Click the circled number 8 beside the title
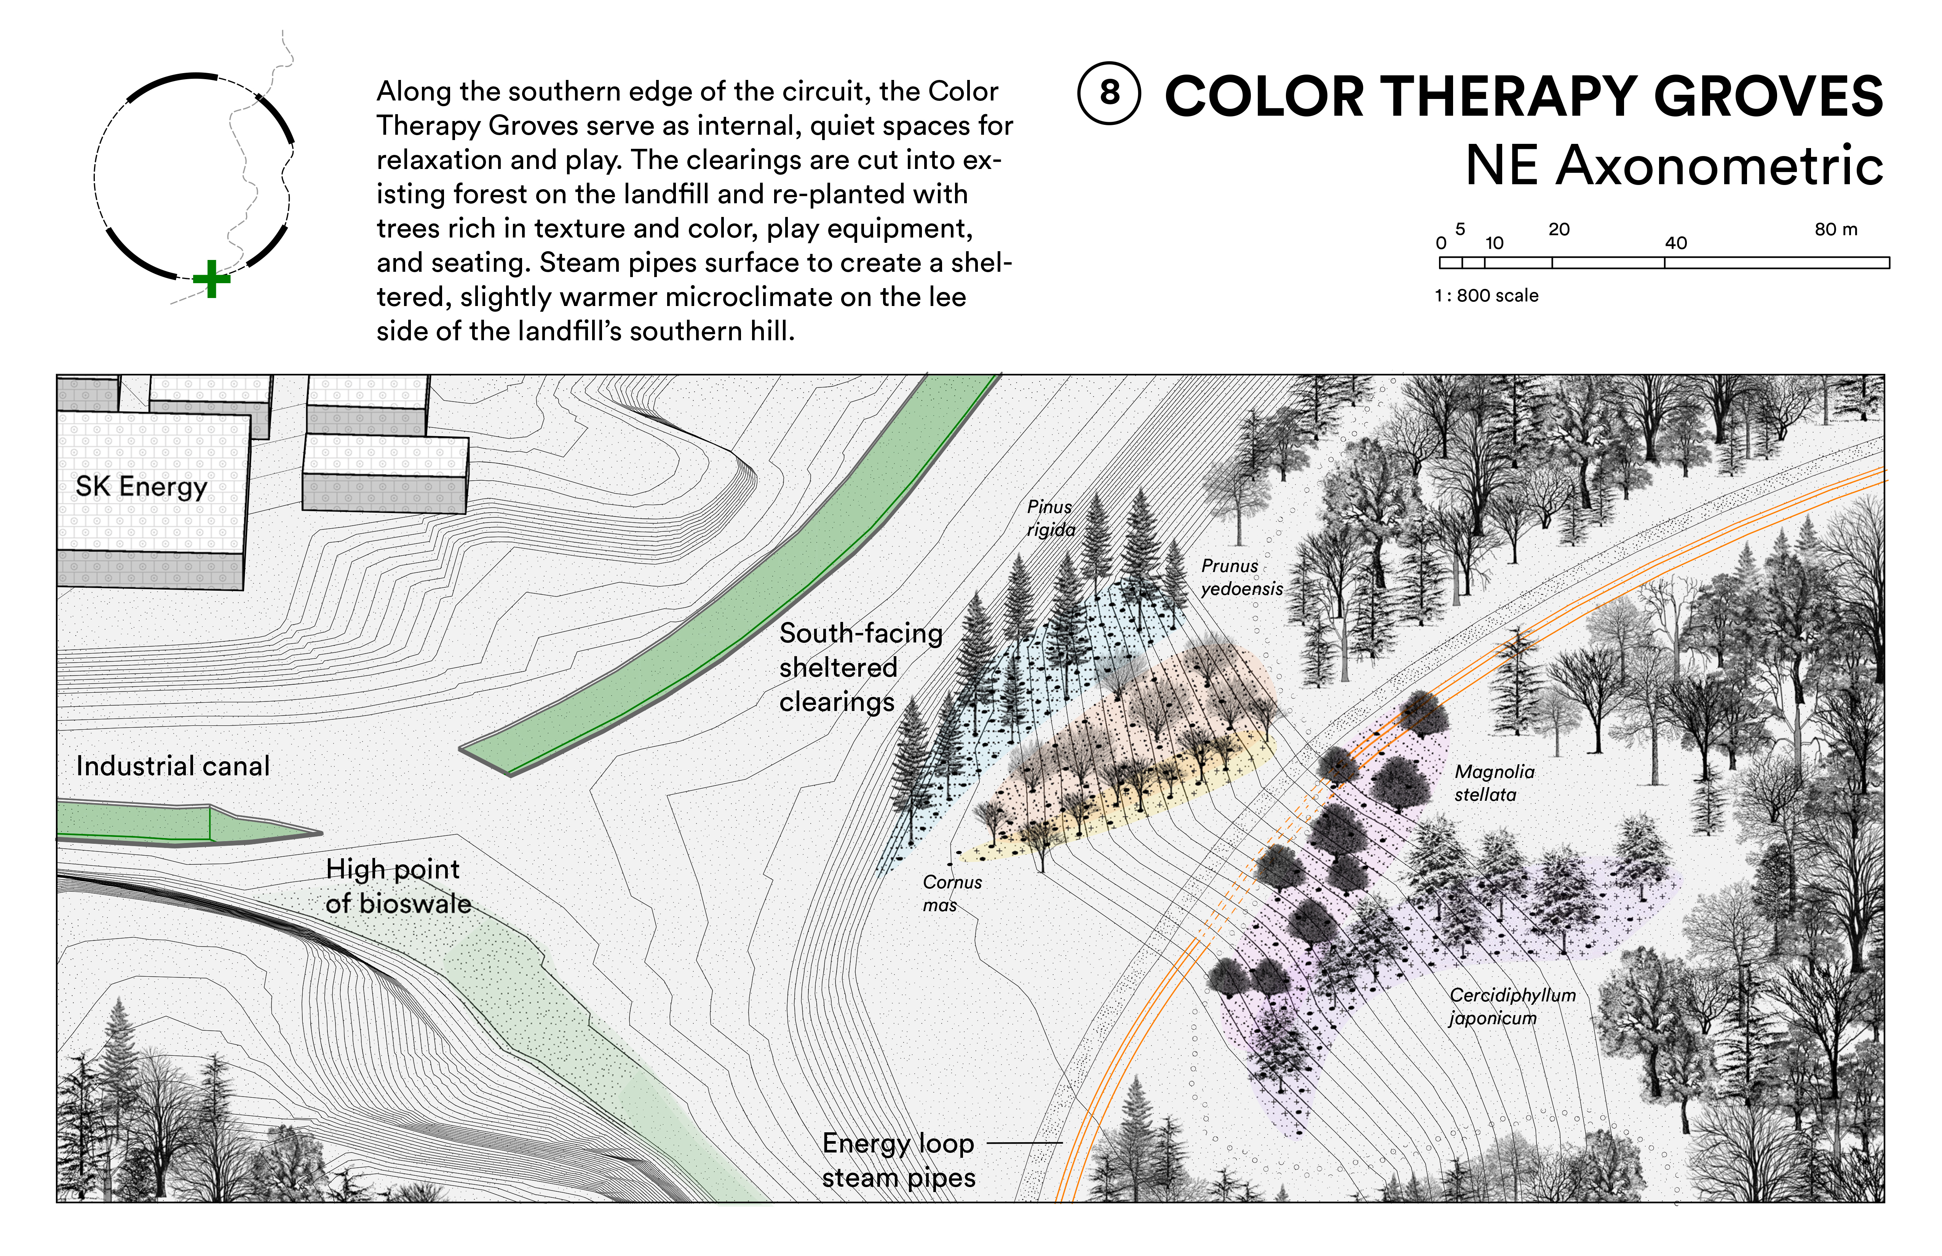point(1109,93)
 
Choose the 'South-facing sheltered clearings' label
point(860,667)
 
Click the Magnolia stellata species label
point(1494,783)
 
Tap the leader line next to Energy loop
point(1024,1143)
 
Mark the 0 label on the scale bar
point(1441,243)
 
